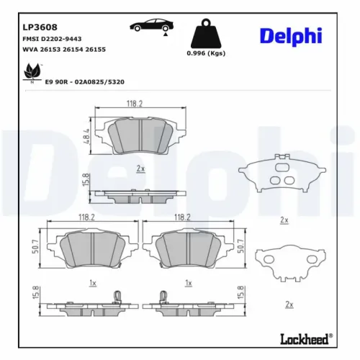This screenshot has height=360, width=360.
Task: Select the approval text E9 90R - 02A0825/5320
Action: (x=84, y=83)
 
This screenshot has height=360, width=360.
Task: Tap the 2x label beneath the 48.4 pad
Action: (x=140, y=168)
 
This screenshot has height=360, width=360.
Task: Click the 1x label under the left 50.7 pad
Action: (x=92, y=284)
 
